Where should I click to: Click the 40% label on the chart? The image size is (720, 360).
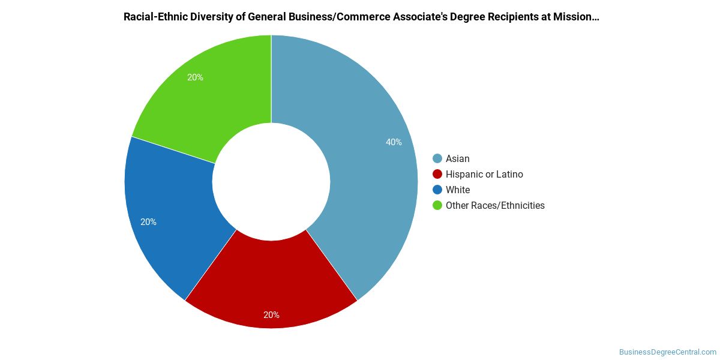[394, 142]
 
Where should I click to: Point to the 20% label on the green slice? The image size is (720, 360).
[195, 77]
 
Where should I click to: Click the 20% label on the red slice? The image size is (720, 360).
[271, 315]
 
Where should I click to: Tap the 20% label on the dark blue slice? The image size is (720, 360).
[148, 222]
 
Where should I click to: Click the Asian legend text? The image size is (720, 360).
[458, 158]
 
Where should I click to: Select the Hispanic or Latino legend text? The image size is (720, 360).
[484, 174]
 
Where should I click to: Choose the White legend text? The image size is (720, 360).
[458, 190]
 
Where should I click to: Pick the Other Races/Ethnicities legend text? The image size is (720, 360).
[495, 205]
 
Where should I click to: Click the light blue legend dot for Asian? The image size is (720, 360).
[437, 158]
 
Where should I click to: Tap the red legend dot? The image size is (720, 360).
[437, 174]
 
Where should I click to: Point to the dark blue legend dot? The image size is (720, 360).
[437, 190]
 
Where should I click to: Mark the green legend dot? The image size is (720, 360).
[437, 205]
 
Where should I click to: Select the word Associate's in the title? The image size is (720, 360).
[419, 17]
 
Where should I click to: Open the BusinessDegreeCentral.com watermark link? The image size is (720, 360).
[668, 352]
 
